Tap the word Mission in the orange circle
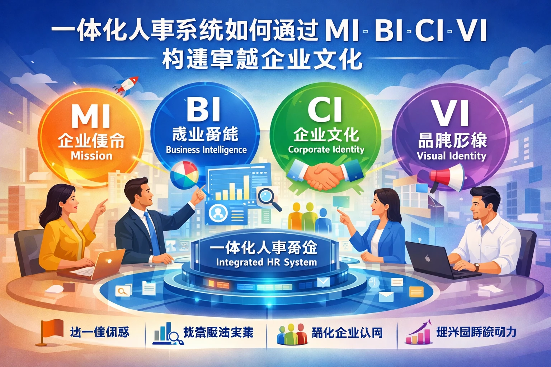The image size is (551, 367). [91, 156]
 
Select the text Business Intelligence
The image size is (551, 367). [206, 149]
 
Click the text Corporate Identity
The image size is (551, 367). [326, 149]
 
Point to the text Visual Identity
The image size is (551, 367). [451, 156]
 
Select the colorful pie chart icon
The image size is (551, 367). [184, 173]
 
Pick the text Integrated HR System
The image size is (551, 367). [267, 262]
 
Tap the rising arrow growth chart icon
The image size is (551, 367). [418, 333]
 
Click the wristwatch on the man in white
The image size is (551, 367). [476, 267]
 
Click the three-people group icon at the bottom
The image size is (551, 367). [292, 333]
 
